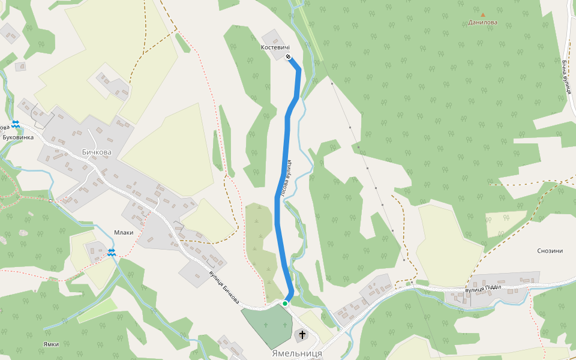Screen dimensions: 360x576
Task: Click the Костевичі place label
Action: tap(275, 47)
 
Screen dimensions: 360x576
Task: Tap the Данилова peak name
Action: tap(483, 23)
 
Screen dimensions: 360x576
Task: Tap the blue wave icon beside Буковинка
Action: tap(16, 124)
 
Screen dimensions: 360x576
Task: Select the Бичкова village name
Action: tap(97, 152)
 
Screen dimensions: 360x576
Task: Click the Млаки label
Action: tap(124, 232)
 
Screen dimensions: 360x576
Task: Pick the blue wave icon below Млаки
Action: tap(112, 252)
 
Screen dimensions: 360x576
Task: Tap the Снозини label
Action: tap(550, 251)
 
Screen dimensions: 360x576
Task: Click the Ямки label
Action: tap(51, 344)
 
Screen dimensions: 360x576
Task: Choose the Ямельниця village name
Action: tap(296, 353)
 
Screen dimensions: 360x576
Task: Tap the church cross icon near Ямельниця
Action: tap(302, 334)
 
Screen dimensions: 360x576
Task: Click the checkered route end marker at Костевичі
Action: tap(289, 57)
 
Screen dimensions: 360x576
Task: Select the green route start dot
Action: tap(285, 304)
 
